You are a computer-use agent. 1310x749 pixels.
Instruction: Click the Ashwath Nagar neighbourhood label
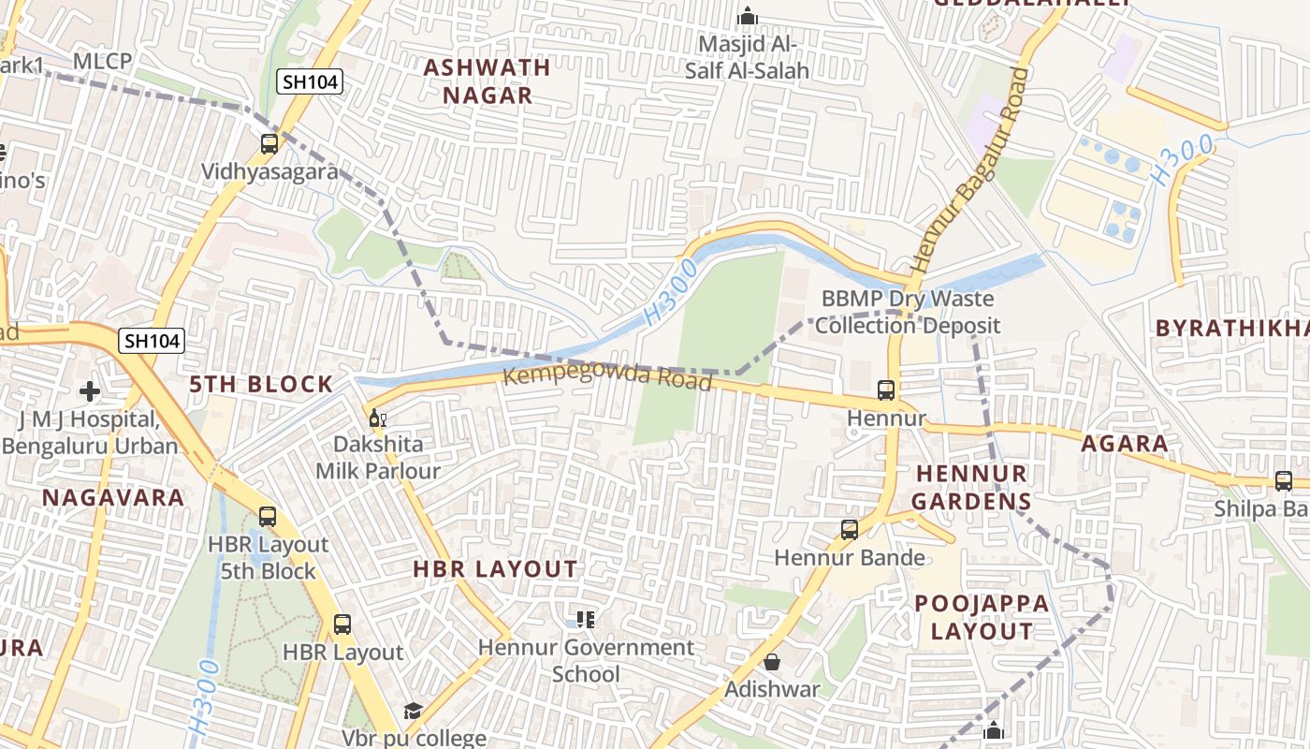pyautogui.click(x=487, y=81)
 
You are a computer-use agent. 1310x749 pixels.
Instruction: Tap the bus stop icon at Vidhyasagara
pyautogui.click(x=269, y=144)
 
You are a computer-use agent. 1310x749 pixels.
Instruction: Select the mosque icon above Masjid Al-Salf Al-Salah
pyautogui.click(x=747, y=16)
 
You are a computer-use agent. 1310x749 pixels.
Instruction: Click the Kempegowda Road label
pyautogui.click(x=608, y=378)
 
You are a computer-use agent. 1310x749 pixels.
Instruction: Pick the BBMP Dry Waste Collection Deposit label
pyautogui.click(x=908, y=313)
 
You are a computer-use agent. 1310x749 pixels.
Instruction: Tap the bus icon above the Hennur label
pyautogui.click(x=885, y=390)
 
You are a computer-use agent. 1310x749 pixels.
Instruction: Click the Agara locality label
pyautogui.click(x=1125, y=444)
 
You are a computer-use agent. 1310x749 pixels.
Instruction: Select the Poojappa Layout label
pyautogui.click(x=982, y=617)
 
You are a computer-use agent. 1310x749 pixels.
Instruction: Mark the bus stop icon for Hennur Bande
pyautogui.click(x=850, y=530)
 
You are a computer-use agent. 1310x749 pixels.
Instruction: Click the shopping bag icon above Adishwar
pyautogui.click(x=772, y=663)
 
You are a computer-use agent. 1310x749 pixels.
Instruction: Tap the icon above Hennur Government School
pyautogui.click(x=586, y=619)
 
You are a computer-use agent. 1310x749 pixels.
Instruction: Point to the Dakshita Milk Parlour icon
pyautogui.click(x=377, y=418)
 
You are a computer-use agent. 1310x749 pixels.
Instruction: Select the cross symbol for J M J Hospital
pyautogui.click(x=90, y=390)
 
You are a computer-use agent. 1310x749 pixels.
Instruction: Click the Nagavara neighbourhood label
pyautogui.click(x=113, y=497)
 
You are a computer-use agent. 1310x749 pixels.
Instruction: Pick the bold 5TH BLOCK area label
pyautogui.click(x=261, y=384)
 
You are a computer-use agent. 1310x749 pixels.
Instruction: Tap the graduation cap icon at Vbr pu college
pyautogui.click(x=413, y=712)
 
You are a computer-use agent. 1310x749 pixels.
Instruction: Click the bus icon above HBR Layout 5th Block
pyautogui.click(x=268, y=517)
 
